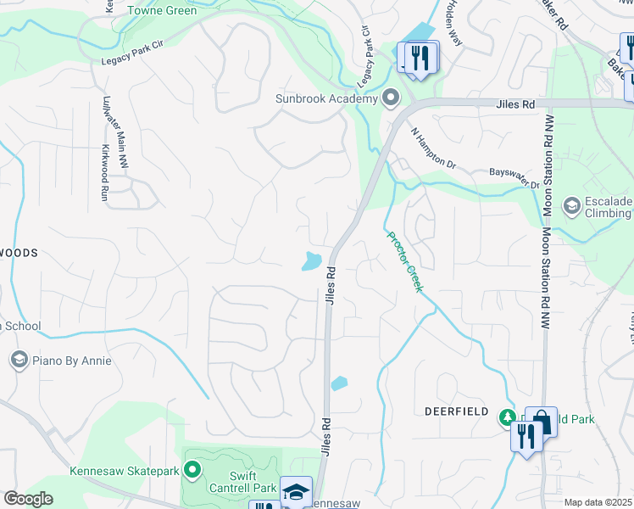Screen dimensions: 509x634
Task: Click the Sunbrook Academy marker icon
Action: (x=391, y=98)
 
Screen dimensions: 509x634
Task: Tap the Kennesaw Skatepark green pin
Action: (x=192, y=468)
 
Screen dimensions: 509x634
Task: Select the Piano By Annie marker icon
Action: (x=19, y=361)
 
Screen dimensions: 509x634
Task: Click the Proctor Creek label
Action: (x=404, y=262)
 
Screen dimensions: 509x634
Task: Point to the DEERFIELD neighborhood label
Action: (x=456, y=411)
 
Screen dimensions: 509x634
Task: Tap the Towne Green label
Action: (x=162, y=11)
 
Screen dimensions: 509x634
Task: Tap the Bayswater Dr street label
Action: (x=514, y=173)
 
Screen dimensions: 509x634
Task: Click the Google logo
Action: (x=28, y=499)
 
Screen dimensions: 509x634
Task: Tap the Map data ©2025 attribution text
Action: (x=598, y=502)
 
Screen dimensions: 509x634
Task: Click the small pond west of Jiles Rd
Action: (x=311, y=261)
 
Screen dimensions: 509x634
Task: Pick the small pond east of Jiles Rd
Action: (x=339, y=383)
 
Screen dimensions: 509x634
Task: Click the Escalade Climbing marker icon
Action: (x=571, y=206)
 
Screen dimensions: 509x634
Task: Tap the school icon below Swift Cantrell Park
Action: (x=296, y=492)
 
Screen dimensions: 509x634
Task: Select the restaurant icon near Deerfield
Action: (x=527, y=436)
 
